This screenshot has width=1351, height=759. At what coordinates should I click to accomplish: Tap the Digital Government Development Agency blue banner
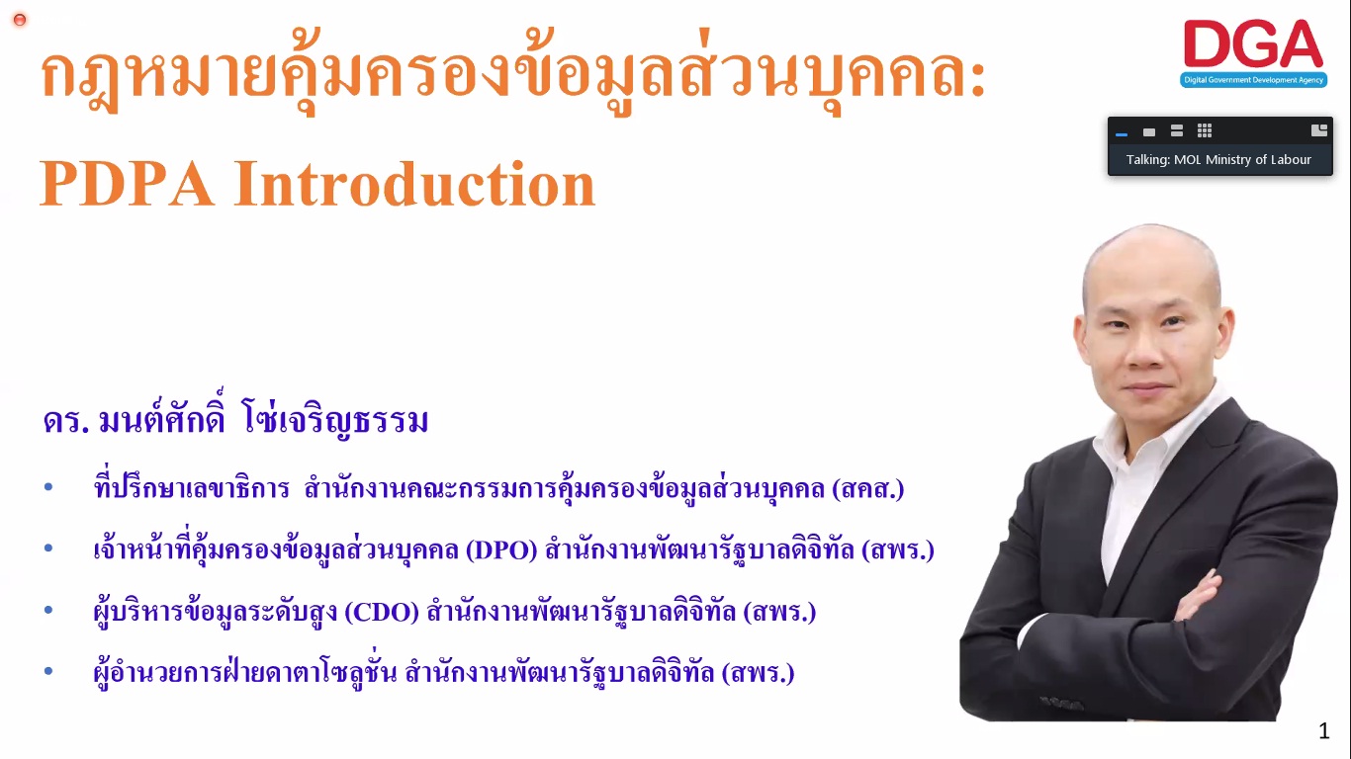[x=1253, y=80]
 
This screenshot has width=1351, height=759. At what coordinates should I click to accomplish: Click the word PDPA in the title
[x=128, y=183]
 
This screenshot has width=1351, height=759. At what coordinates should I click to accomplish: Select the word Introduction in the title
[x=415, y=183]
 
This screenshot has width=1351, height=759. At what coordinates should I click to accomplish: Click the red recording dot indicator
[x=20, y=20]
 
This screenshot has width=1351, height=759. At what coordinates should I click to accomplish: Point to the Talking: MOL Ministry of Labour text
[x=1218, y=160]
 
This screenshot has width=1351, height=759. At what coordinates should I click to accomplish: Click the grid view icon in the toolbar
[x=1205, y=130]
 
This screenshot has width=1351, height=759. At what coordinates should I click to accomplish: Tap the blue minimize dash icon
[x=1122, y=134]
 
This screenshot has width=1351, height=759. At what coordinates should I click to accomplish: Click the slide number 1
[x=1324, y=731]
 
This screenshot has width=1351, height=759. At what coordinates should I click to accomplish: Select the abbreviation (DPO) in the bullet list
[x=501, y=549]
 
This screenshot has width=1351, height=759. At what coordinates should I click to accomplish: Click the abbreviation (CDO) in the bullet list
[x=382, y=612]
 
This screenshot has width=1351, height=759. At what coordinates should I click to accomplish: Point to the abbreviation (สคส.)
[x=868, y=488]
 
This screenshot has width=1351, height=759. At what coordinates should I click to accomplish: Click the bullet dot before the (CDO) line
[x=48, y=610]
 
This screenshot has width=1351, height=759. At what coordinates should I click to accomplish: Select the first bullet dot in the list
[x=48, y=486]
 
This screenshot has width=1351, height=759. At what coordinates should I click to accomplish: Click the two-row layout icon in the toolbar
[x=1177, y=130]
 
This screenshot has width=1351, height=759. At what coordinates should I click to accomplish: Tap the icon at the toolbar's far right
[x=1319, y=130]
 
